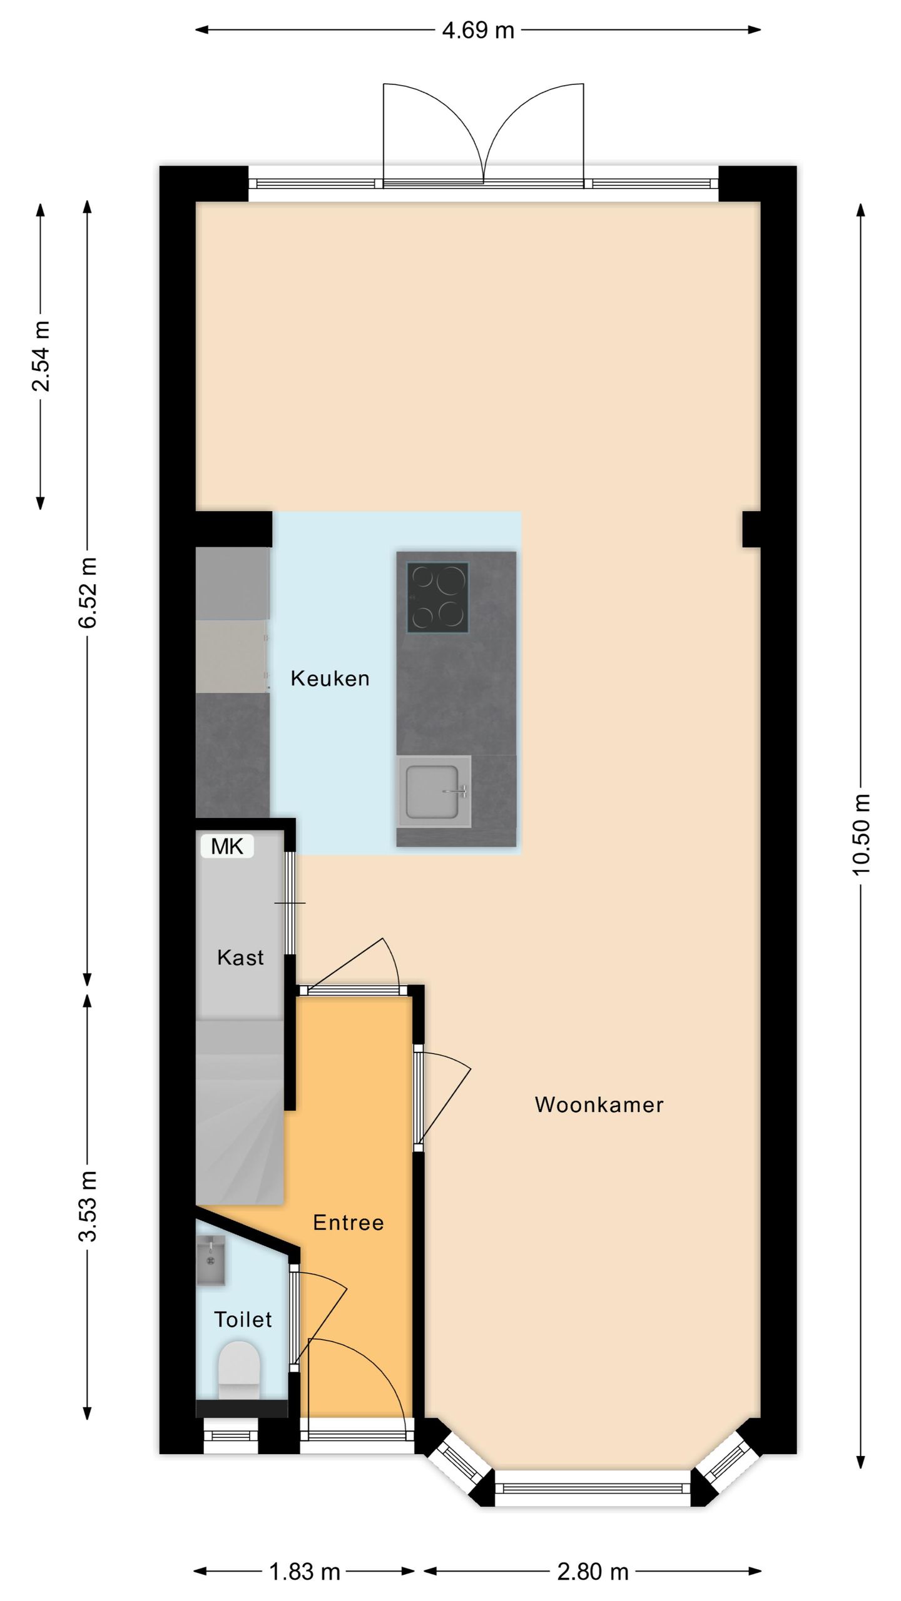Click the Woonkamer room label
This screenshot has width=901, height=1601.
(599, 1104)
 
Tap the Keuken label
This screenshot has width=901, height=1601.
(330, 679)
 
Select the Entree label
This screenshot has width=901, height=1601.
(349, 1223)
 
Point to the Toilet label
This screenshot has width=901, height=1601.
(243, 1320)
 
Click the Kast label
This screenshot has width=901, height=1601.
(240, 957)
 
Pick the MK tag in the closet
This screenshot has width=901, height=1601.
(227, 846)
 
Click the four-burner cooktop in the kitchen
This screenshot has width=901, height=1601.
(437, 597)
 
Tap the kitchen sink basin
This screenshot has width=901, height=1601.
(433, 791)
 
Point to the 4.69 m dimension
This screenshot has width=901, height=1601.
(478, 30)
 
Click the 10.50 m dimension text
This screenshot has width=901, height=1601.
(861, 834)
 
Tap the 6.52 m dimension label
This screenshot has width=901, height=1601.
(88, 592)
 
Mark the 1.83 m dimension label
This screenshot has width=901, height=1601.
(305, 1571)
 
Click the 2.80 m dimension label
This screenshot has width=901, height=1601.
(593, 1571)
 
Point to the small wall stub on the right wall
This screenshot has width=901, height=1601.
(751, 529)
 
